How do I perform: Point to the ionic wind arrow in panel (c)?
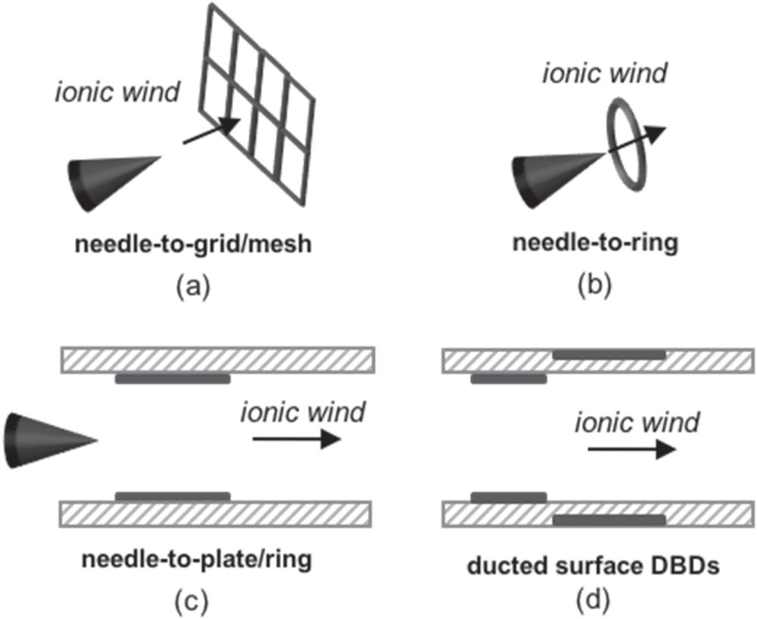(296, 439)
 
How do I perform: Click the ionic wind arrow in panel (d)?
(631, 449)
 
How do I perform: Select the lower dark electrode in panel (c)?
(172, 496)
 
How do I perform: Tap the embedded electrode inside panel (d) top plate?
(609, 354)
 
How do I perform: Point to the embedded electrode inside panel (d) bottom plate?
(609, 520)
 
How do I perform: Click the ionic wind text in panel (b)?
(606, 73)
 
